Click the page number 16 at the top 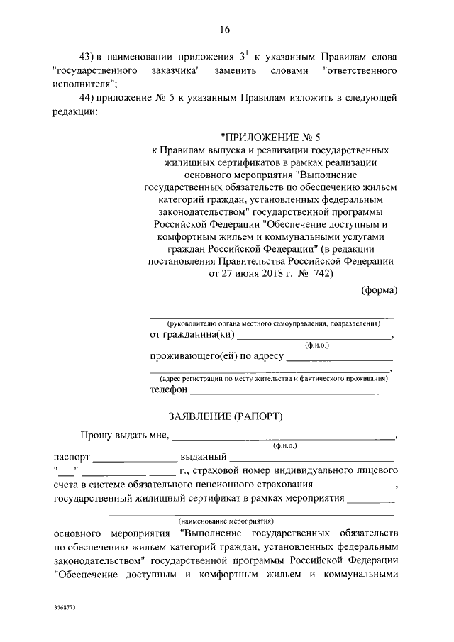226,29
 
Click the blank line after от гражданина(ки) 314,336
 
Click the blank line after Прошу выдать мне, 283,438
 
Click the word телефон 168,390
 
